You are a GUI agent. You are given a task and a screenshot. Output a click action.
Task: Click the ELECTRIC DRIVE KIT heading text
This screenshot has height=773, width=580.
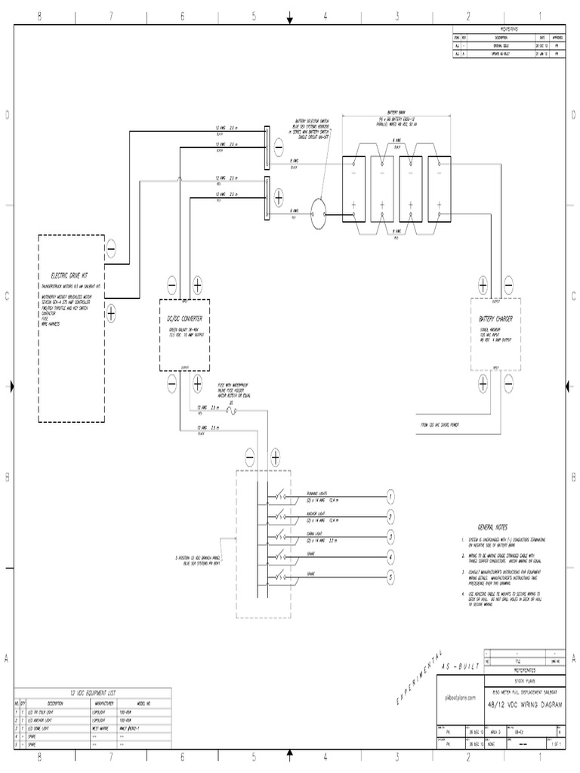(69, 276)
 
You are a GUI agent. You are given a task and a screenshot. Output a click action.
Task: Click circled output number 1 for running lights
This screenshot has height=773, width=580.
(390, 497)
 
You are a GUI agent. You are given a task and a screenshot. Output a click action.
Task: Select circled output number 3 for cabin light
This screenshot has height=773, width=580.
(390, 537)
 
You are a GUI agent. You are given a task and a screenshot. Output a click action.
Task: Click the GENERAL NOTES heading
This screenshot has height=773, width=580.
(492, 526)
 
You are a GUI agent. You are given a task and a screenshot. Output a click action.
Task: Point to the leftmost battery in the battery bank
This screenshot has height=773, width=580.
(353, 191)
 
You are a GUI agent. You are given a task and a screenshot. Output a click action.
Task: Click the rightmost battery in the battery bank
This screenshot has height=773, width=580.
(439, 191)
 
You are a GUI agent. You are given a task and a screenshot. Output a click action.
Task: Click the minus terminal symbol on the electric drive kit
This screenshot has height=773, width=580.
(111, 248)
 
